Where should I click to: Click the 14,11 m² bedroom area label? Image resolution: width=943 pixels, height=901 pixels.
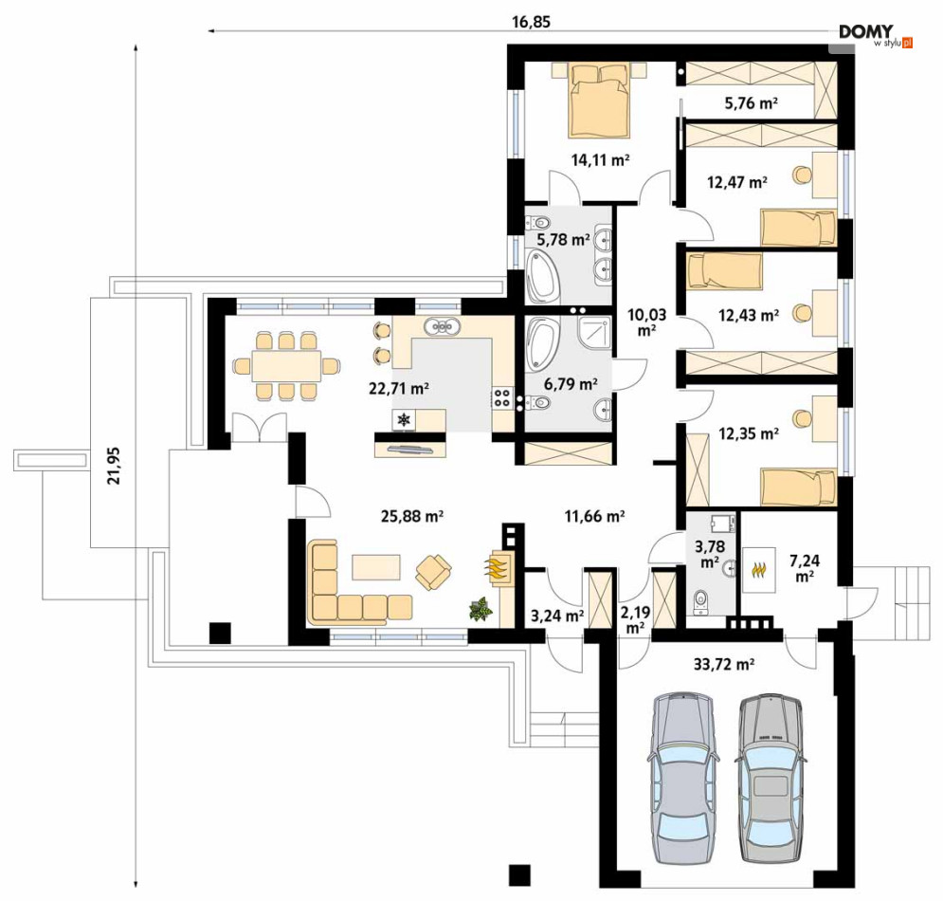click(x=600, y=160)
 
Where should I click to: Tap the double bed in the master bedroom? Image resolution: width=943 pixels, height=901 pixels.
click(x=599, y=101)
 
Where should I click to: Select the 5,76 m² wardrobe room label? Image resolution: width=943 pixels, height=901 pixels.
click(x=752, y=103)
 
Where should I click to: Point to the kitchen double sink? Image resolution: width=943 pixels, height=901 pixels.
click(x=443, y=327)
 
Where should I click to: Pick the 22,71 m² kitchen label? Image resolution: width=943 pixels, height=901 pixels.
click(x=399, y=389)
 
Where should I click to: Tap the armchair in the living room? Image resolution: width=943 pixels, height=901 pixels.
click(x=434, y=572)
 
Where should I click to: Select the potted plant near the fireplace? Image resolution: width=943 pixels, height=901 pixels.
click(x=481, y=609)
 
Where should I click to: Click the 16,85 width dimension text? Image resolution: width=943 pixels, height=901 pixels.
click(x=531, y=22)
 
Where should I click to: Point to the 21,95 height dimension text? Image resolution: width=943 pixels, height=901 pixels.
click(x=114, y=466)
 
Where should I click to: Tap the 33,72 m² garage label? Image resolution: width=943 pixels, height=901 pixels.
click(x=724, y=665)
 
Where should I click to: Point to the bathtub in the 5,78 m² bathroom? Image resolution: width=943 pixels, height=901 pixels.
click(x=542, y=278)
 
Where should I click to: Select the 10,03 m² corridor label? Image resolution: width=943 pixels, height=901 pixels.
click(x=646, y=322)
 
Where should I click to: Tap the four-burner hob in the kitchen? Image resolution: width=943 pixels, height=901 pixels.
click(x=502, y=397)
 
